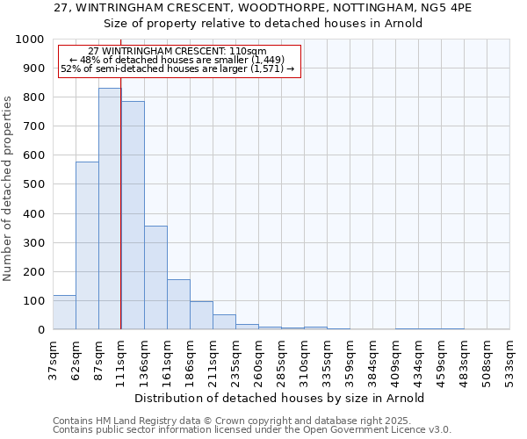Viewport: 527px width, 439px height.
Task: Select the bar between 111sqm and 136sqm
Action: point(133,215)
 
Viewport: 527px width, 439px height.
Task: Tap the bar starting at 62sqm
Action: point(87,246)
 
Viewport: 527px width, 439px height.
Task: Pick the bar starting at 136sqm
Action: point(155,277)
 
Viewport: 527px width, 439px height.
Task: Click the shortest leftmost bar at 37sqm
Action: point(64,313)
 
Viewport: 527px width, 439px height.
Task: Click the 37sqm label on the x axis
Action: point(53,356)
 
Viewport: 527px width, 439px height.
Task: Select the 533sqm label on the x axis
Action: point(509,356)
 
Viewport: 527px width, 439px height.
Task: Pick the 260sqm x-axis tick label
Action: point(258,356)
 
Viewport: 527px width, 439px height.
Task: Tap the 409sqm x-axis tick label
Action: point(395,356)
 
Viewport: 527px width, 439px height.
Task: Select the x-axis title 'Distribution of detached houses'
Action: point(281,398)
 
